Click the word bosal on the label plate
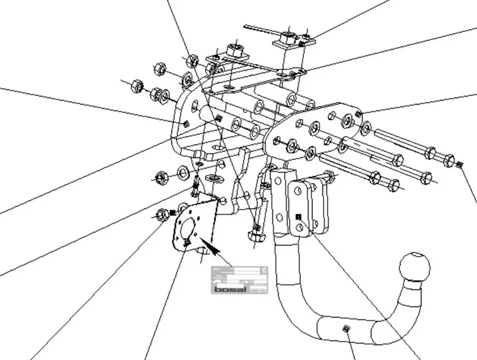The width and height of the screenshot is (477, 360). tap(231, 289)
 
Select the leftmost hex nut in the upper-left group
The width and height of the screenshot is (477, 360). tap(134, 85)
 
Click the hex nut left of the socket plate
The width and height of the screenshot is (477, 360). tap(162, 215)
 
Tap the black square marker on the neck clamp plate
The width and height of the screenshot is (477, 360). tap(298, 217)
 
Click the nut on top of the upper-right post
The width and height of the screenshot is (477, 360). tap(288, 34)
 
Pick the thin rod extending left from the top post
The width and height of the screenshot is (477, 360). tap(260, 30)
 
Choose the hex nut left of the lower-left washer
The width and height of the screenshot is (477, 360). tap(161, 178)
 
